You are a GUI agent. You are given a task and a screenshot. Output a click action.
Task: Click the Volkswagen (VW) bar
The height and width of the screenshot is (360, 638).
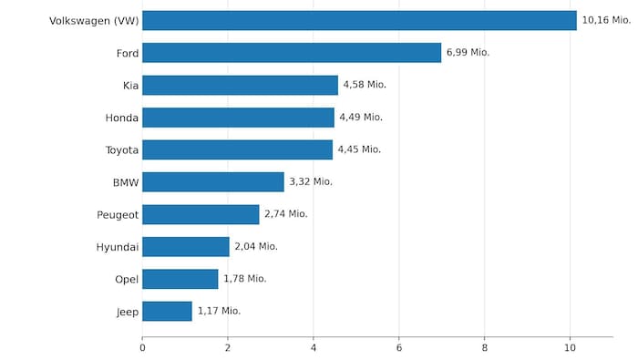tap(359, 20)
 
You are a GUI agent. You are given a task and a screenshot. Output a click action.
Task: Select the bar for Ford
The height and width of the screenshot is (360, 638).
tap(292, 53)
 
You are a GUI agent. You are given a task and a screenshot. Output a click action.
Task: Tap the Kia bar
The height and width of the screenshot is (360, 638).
tap(240, 85)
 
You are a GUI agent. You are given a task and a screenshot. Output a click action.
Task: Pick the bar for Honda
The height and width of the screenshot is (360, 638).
tap(238, 118)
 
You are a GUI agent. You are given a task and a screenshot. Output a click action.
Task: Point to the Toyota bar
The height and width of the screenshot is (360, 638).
tap(237, 149)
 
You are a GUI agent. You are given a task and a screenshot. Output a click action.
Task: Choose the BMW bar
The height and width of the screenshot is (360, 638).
tap(213, 182)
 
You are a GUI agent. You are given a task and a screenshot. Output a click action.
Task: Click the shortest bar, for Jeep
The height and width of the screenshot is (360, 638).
tap(167, 312)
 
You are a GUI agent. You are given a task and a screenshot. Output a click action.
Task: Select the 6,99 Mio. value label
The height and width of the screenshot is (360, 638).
tap(468, 53)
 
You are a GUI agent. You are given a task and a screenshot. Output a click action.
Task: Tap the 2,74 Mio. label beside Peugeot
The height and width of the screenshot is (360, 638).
tap(286, 214)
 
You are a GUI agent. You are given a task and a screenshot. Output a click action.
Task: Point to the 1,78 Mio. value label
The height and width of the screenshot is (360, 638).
tap(245, 279)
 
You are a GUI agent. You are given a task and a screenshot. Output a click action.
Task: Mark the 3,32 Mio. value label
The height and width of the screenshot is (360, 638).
tap(311, 182)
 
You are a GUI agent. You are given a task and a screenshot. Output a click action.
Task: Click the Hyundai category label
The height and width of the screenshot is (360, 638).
tap(118, 247)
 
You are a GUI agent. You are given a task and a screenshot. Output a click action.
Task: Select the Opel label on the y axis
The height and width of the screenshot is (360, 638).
tap(127, 279)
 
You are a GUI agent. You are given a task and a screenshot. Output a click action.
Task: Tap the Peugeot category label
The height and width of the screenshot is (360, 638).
tap(118, 214)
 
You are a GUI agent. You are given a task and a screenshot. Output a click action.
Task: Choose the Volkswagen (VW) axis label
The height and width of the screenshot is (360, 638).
tap(94, 20)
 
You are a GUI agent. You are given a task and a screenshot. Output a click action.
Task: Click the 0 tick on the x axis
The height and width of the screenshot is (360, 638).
tap(142, 347)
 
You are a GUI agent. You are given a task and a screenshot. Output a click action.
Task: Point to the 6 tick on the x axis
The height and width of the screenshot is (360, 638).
tap(399, 347)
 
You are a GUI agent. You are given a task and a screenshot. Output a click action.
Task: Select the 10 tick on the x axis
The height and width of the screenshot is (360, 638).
tap(571, 347)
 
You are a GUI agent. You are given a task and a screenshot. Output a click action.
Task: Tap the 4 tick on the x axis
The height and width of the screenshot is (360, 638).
tap(314, 347)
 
